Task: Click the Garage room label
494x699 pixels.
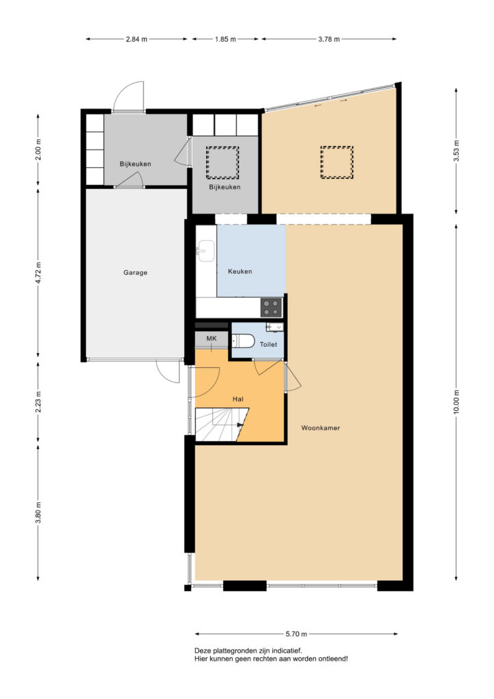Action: pyautogui.click(x=135, y=272)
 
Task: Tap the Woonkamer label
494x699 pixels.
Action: pyautogui.click(x=321, y=428)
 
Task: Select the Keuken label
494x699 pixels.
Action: pyautogui.click(x=240, y=271)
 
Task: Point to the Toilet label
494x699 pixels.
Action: pyautogui.click(x=268, y=344)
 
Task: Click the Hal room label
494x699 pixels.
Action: pyautogui.click(x=238, y=399)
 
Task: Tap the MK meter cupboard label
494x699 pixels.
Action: pyautogui.click(x=211, y=339)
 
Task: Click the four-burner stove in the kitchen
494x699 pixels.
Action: pyautogui.click(x=272, y=307)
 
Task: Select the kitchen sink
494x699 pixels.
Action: pyautogui.click(x=207, y=251)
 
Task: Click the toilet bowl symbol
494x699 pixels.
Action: pyautogui.click(x=242, y=341)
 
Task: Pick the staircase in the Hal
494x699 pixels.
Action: pyautogui.click(x=221, y=424)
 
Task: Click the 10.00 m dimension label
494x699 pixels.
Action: pyautogui.click(x=456, y=401)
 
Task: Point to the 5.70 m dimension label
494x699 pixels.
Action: pyautogui.click(x=296, y=634)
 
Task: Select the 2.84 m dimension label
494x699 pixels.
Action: pyautogui.click(x=136, y=39)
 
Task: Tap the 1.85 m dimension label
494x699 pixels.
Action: pyautogui.click(x=225, y=39)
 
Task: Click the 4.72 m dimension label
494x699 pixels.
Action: pyautogui.click(x=38, y=273)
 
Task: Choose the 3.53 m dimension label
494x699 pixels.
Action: pyautogui.click(x=456, y=151)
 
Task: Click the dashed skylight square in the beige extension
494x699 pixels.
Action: pyautogui.click(x=337, y=162)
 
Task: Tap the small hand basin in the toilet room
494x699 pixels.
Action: pyautogui.click(x=274, y=327)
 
